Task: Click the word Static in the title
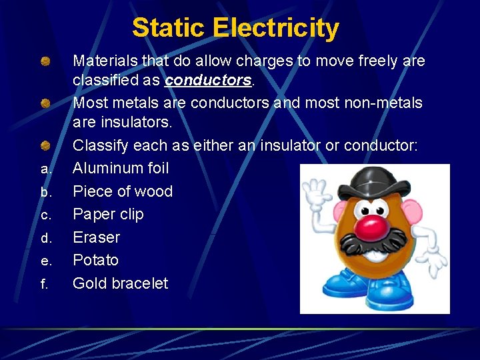point(169,28)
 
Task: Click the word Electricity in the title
point(276,28)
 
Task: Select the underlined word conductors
point(208,81)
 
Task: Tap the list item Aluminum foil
point(121,168)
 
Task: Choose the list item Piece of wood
point(123,191)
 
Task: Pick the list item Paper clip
point(108,214)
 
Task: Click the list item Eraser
point(97,237)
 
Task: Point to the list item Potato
point(95,260)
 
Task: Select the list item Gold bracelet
point(121,283)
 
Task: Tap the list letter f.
point(44,285)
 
